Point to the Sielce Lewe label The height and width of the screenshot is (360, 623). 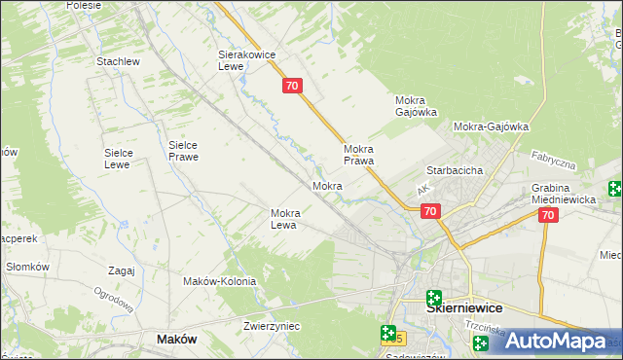click(x=126, y=159)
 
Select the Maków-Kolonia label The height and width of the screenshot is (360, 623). click(x=219, y=281)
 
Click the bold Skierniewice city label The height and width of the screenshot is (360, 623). click(x=465, y=307)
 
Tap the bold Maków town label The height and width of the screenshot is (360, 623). click(x=177, y=340)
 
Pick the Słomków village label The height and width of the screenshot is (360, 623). click(x=27, y=267)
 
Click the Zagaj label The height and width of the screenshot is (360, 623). click(x=122, y=270)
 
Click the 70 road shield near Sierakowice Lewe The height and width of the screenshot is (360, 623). click(x=293, y=87)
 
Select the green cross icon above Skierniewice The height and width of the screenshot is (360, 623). click(x=434, y=299)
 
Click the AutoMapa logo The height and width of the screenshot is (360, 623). click(x=557, y=341)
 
